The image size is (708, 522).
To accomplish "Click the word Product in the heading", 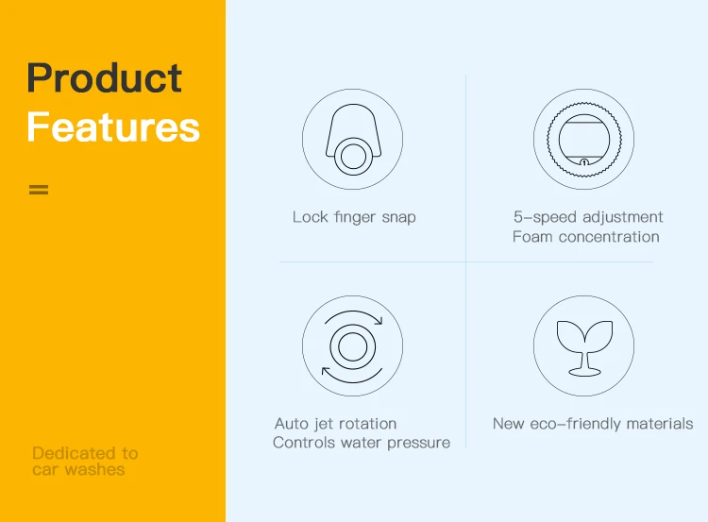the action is pos(104,77).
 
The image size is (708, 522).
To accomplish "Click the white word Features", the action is pos(113,126).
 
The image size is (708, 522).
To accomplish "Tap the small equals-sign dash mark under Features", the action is pos(39,189).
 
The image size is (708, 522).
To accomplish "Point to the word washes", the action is pos(94,470).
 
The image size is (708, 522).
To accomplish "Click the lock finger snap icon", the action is pos(353,139).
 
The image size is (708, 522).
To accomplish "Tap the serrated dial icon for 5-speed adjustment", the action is pos(583,139).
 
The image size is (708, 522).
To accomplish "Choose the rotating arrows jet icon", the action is pos(353,345).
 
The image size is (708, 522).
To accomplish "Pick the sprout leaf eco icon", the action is pos(583,345).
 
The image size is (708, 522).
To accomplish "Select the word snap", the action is pos(398,218).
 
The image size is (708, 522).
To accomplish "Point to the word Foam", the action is pos(532,237).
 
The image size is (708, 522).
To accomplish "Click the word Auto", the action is pos(292,424).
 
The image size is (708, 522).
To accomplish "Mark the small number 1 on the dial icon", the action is pos(584,162).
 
